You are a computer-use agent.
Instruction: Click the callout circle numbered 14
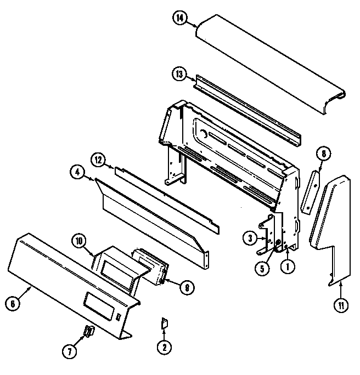(179, 18)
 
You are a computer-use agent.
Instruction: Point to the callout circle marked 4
(78, 172)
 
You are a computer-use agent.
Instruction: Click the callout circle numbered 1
(286, 268)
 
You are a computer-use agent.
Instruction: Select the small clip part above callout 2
(163, 324)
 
